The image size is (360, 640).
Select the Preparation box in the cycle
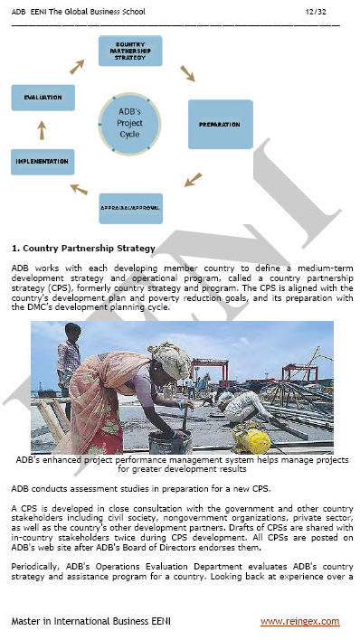pyautogui.click(x=219, y=124)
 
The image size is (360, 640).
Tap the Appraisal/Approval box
pyautogui.click(x=130, y=208)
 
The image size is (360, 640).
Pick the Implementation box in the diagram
pyautogui.click(x=43, y=162)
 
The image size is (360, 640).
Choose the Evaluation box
pyautogui.click(x=43, y=98)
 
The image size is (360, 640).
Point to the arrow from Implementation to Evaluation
pyautogui.click(x=41, y=130)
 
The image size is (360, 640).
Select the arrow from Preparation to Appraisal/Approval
pyautogui.click(x=193, y=179)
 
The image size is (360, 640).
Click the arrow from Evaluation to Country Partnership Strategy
pyautogui.click(x=77, y=66)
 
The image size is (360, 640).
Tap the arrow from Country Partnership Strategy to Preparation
pyautogui.click(x=187, y=72)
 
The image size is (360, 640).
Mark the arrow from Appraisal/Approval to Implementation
pyautogui.click(x=80, y=189)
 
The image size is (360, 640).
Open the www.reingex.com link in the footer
pyautogui.click(x=299, y=621)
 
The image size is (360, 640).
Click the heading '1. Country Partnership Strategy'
pyautogui.click(x=83, y=248)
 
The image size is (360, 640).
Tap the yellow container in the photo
pyautogui.click(x=254, y=439)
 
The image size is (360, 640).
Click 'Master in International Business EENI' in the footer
pyautogui.click(x=90, y=621)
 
